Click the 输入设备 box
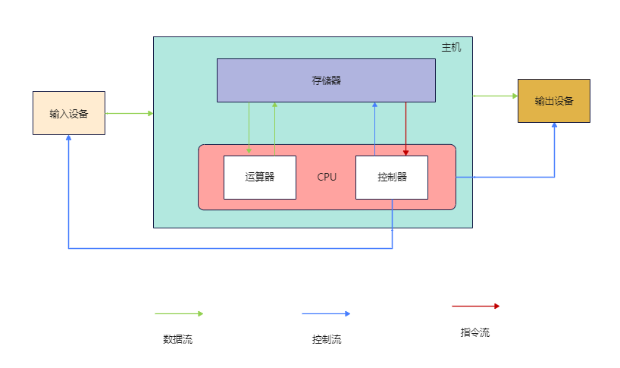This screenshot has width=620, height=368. tap(68, 113)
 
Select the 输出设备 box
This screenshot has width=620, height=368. tap(553, 101)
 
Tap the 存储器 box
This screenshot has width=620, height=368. tap(326, 80)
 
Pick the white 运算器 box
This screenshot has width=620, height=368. tap(259, 177)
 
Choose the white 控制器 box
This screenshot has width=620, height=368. tap(392, 177)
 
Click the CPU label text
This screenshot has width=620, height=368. tap(327, 177)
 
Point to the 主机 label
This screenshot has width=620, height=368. tap(451, 47)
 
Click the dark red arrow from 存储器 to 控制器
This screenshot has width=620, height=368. tap(406, 129)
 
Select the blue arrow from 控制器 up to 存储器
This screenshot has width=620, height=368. tap(374, 129)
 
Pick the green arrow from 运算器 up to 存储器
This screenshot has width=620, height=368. tap(274, 129)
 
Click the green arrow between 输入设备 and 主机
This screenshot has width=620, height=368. tap(129, 113)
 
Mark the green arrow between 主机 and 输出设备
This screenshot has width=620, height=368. tap(495, 96)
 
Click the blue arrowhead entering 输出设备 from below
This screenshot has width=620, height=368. tap(554, 126)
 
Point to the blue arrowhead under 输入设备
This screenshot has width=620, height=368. tap(68, 139)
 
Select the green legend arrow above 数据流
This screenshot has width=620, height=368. tap(179, 313)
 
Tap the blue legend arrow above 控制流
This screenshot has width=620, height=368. tap(326, 313)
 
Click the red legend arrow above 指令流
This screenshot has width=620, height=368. tap(475, 307)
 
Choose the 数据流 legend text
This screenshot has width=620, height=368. tap(177, 339)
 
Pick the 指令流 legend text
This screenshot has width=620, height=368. tap(474, 332)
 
